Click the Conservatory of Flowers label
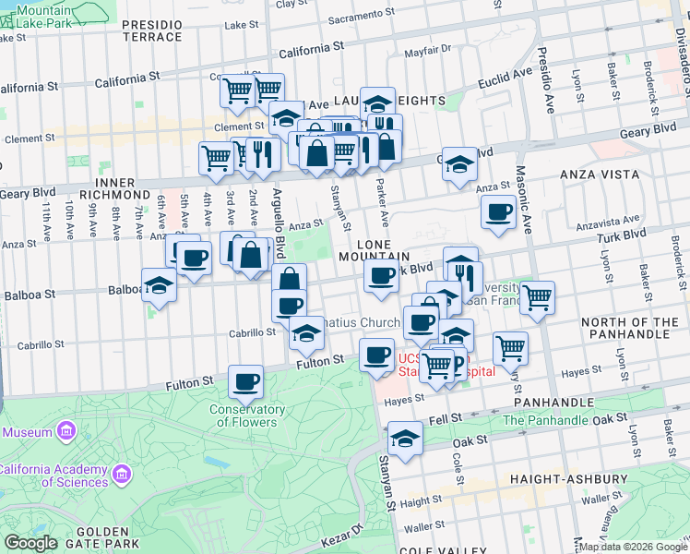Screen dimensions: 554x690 click(x=246, y=415)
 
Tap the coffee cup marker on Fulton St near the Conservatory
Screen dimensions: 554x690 click(x=246, y=380)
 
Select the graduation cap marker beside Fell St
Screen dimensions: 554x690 click(x=404, y=439)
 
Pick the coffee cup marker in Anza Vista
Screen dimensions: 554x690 click(x=498, y=212)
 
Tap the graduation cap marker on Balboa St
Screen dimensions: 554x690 click(x=159, y=284)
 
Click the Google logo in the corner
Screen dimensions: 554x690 click(x=31, y=543)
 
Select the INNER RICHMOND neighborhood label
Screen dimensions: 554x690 click(x=103, y=188)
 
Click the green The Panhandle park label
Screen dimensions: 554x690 click(x=546, y=421)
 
